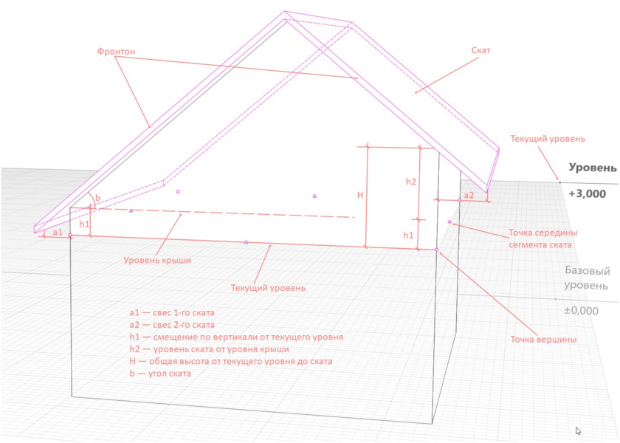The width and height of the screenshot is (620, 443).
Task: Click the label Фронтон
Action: click(x=116, y=52)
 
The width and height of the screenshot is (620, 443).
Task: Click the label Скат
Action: click(x=480, y=50)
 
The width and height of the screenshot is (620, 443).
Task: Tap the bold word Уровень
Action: click(x=592, y=168)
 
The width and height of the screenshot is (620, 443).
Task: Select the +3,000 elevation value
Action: click(x=588, y=193)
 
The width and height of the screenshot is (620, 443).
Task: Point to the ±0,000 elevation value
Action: click(x=581, y=311)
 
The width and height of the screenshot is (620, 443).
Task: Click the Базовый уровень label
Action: click(x=587, y=278)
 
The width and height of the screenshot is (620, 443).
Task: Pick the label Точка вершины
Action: click(x=543, y=340)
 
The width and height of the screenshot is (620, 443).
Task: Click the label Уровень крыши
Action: click(x=157, y=260)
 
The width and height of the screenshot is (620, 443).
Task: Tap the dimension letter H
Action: click(x=360, y=195)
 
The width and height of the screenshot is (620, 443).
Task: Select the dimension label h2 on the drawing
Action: click(x=411, y=182)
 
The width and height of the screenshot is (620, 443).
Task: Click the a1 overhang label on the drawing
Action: click(x=58, y=232)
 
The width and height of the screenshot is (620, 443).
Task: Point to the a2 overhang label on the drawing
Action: click(x=469, y=195)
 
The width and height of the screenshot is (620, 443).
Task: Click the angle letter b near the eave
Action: click(x=98, y=198)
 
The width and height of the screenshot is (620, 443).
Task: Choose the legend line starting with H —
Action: click(x=231, y=361)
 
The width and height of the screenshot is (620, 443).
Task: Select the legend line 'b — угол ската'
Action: click(x=160, y=374)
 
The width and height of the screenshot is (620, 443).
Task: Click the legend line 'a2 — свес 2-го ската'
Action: click(x=172, y=325)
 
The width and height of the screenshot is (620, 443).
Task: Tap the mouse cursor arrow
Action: click(x=578, y=431)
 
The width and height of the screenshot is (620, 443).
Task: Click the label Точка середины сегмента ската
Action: click(x=542, y=238)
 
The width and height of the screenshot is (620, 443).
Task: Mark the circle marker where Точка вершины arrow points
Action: click(x=436, y=250)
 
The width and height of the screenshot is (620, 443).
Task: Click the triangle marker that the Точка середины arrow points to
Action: click(x=449, y=221)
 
